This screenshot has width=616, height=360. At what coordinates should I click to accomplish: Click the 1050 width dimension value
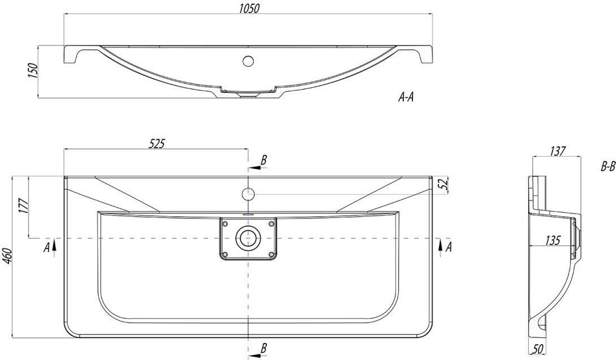point(249,8)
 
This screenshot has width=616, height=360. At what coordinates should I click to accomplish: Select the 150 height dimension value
point(33,71)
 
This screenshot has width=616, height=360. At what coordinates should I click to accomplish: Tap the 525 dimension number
point(156,144)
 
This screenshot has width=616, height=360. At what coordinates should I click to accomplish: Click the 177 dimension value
point(24,207)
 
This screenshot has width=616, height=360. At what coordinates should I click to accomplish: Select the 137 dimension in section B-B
point(558,151)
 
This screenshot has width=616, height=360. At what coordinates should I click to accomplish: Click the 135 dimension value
point(552,240)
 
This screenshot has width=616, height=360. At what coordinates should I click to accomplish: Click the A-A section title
point(406,97)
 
